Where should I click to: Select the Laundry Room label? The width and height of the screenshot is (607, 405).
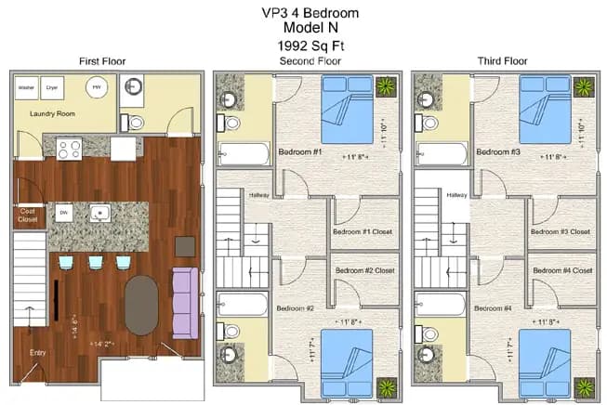coord(51,115)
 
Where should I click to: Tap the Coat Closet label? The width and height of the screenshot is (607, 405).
coord(28,216)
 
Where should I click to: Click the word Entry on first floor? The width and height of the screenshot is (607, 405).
coord(37,353)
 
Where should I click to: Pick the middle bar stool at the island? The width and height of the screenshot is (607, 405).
coord(96,264)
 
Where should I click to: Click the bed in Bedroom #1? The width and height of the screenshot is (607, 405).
coord(349,107)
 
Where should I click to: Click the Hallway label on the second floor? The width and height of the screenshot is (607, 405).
coord(258,195)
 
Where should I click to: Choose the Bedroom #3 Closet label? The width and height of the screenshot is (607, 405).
coord(561,231)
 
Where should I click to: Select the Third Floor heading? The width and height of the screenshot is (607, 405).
coord(503,61)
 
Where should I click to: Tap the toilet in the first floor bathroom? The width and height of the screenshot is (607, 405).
coord(137,122)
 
